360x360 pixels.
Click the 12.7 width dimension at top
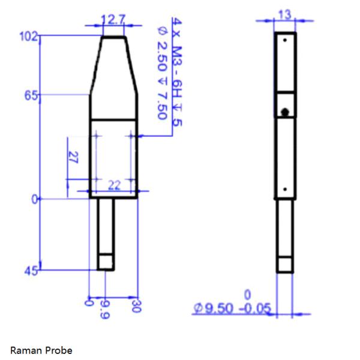click(x=113, y=20)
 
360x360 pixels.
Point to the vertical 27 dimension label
click(x=74, y=158)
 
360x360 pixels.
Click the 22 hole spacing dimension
click(x=113, y=187)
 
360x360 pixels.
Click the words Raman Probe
click(x=41, y=350)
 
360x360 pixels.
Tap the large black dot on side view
click(x=286, y=112)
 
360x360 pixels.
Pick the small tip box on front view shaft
click(x=106, y=262)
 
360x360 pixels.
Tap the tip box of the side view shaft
click(x=285, y=265)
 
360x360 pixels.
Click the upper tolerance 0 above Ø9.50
click(x=247, y=295)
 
